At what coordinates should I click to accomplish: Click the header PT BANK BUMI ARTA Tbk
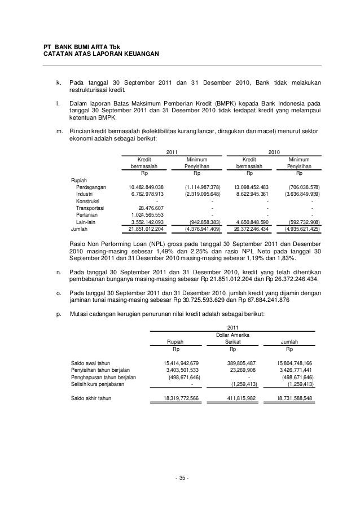[x=78, y=46]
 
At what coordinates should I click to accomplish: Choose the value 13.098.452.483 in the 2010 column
[x=248, y=187]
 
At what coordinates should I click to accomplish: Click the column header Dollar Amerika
[x=232, y=335]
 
